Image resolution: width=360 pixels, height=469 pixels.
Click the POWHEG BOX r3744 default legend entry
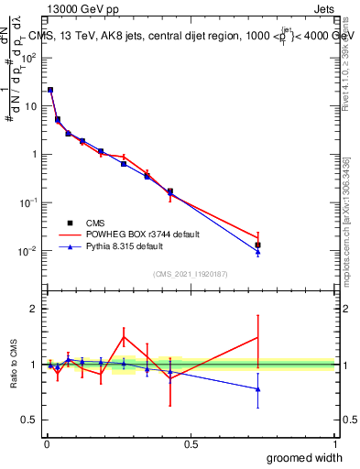coord(138,234)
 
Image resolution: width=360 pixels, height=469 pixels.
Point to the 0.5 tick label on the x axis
coord(191,444)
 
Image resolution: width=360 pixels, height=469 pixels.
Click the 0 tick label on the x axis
coord(47,444)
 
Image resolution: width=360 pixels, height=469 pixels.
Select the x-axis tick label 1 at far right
coord(334,444)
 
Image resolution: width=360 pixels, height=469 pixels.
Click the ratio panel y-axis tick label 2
coord(35,309)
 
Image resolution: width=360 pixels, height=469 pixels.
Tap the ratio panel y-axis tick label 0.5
coord(31,420)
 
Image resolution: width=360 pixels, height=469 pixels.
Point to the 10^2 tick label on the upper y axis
coord(30,58)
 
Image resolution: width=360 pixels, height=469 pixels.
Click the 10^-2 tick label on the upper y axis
coord(30,251)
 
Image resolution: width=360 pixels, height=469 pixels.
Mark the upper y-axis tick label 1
coord(36,155)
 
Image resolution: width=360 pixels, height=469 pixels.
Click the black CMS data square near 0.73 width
coord(258,245)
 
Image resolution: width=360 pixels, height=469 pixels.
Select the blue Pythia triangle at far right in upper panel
coord(258,252)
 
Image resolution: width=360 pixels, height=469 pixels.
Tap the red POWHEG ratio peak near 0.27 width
coord(124,337)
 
